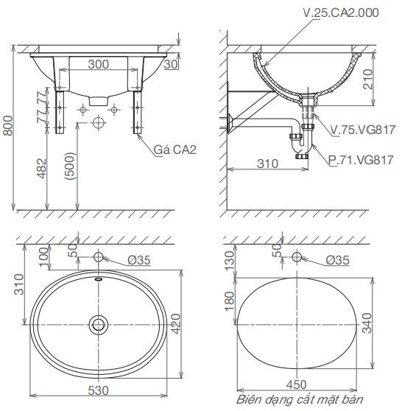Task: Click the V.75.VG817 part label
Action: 363,130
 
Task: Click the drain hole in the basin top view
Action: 98,323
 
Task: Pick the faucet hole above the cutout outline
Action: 297,258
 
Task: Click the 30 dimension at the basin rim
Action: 172,65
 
